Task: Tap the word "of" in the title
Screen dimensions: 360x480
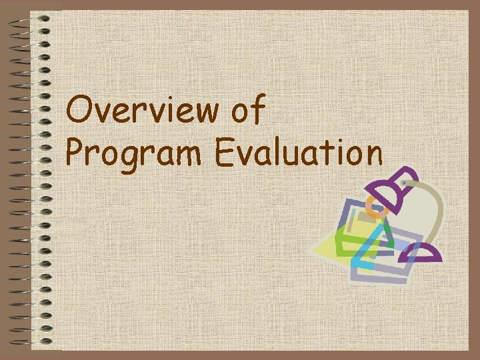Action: click(249, 109)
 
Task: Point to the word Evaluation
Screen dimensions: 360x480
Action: click(299, 153)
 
